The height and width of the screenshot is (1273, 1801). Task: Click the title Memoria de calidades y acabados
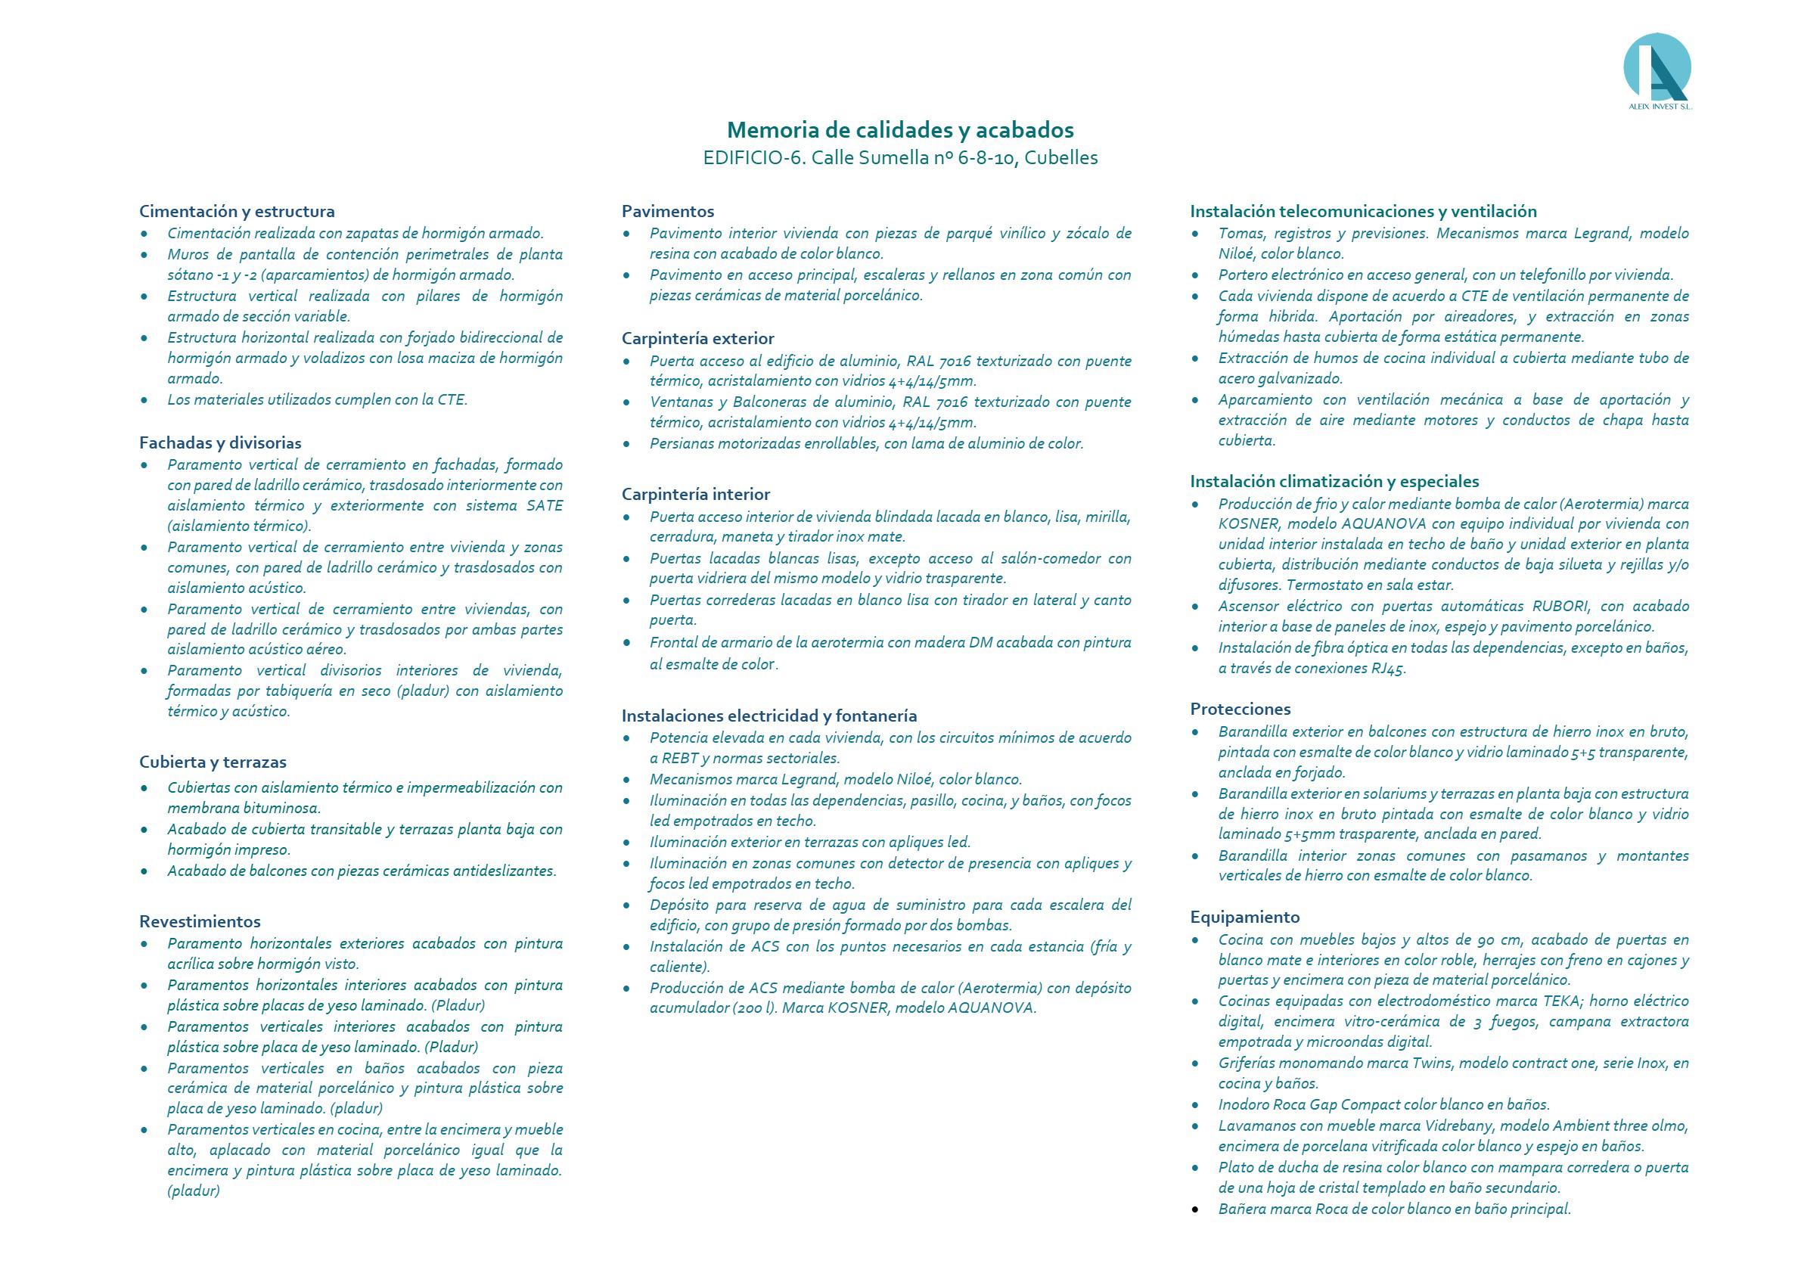click(x=899, y=129)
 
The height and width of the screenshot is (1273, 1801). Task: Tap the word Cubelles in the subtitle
click(x=1060, y=157)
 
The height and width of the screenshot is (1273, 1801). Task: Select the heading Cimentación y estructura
click(x=237, y=211)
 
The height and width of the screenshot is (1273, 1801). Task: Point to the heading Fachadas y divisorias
click(x=220, y=442)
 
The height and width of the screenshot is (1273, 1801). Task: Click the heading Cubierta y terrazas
click(x=213, y=762)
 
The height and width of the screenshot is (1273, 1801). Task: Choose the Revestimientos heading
click(x=200, y=921)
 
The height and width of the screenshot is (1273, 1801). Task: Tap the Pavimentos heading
click(x=668, y=211)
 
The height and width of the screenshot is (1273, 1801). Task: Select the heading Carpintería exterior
click(x=697, y=338)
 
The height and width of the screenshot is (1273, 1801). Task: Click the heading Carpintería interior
click(x=696, y=494)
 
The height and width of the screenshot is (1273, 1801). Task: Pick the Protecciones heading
click(x=1241, y=709)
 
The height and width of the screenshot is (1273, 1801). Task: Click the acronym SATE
click(x=545, y=506)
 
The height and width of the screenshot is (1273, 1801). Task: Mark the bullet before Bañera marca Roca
click(x=1194, y=1209)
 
